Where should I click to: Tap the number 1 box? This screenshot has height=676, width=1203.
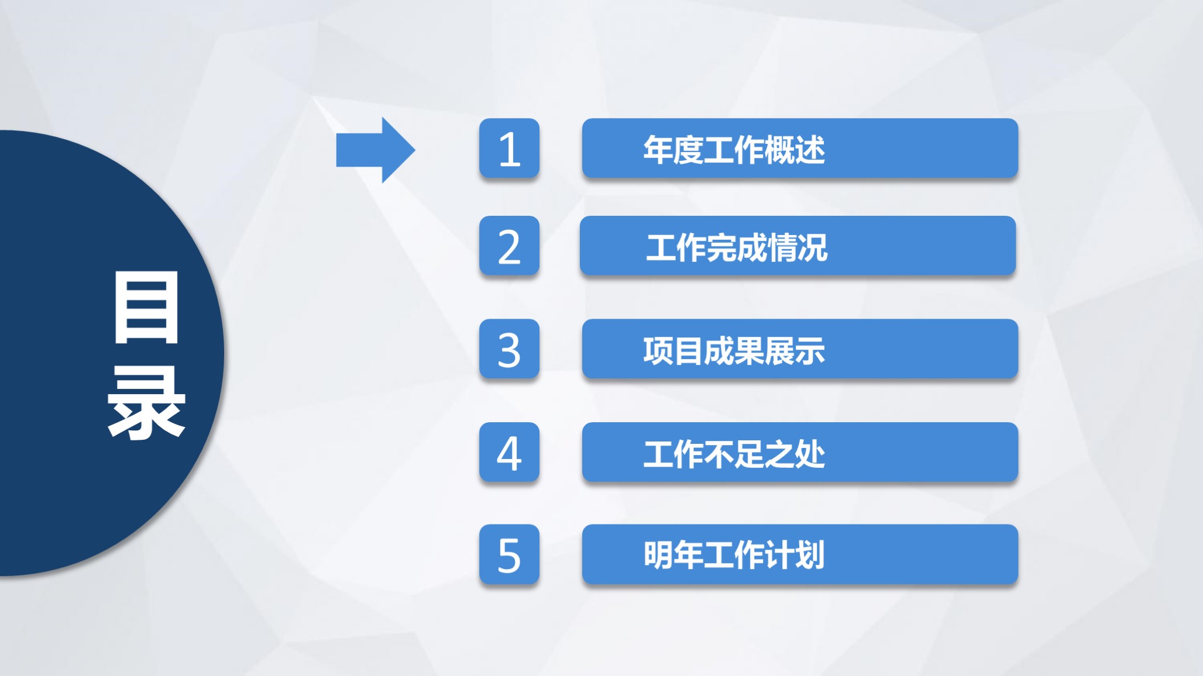pyautogui.click(x=509, y=149)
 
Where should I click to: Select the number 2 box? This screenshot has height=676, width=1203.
pyautogui.click(x=509, y=246)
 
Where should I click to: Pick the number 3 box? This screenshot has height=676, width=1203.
pyautogui.click(x=509, y=349)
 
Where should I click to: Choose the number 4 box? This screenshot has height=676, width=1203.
pyautogui.click(x=509, y=453)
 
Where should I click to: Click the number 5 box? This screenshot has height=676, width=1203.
pyautogui.click(x=509, y=554)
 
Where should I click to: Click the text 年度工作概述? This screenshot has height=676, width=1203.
pyautogui.click(x=734, y=150)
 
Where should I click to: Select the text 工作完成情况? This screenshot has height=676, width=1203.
pyautogui.click(x=737, y=247)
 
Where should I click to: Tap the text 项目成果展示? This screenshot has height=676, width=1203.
pyautogui.click(x=734, y=351)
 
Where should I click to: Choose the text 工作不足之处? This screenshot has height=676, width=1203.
pyautogui.click(x=734, y=454)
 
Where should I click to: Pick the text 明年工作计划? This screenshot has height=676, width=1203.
pyautogui.click(x=734, y=555)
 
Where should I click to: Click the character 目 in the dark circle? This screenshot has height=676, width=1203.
pyautogui.click(x=146, y=308)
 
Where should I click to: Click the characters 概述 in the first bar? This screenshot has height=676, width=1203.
pyautogui.click(x=794, y=150)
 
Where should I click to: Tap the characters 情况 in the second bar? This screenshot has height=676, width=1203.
pyautogui.click(x=797, y=247)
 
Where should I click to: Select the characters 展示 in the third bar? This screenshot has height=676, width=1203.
pyautogui.click(x=794, y=351)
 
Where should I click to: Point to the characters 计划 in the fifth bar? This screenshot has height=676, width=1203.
pyautogui.click(x=794, y=555)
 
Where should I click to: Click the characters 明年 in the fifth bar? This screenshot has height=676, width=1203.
pyautogui.click(x=673, y=555)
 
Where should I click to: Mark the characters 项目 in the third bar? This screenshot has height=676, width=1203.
pyautogui.click(x=673, y=351)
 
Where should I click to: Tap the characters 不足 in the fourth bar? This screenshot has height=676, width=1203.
pyautogui.click(x=734, y=454)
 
